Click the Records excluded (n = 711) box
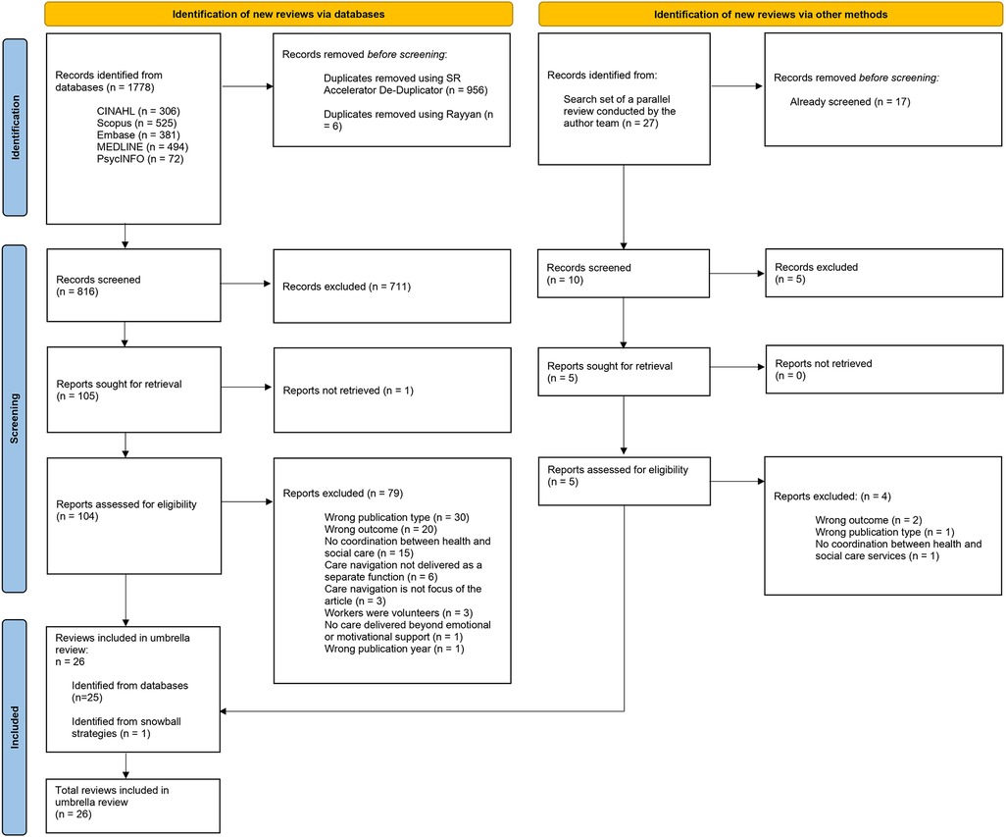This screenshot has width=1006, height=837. pyautogui.click(x=392, y=287)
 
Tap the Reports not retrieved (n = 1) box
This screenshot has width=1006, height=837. pyautogui.click(x=392, y=391)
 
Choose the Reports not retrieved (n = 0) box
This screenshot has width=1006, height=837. pyautogui.click(x=882, y=371)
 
